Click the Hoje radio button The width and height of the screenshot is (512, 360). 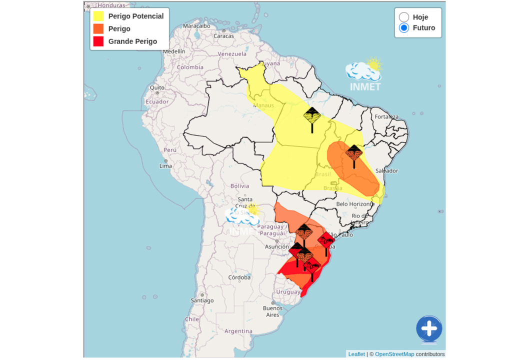[x=404, y=17]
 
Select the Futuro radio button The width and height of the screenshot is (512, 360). [x=404, y=28]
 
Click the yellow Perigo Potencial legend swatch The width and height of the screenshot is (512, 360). [x=98, y=16]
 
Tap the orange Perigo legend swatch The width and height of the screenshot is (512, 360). [x=98, y=28]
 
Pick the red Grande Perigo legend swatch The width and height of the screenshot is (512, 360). [x=98, y=41]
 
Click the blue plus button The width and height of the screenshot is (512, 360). [x=429, y=329]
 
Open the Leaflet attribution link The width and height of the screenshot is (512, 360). [x=356, y=354]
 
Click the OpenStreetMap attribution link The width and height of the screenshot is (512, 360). [x=394, y=354]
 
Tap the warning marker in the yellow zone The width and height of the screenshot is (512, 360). [x=312, y=117]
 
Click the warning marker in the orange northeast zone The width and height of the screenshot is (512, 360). [x=354, y=153]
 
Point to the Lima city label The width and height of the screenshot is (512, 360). [x=165, y=165]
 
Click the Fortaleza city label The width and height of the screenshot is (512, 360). [x=386, y=117]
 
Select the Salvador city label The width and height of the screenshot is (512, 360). [x=386, y=170]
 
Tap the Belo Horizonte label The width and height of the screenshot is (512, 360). [x=355, y=204]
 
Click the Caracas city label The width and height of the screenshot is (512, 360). [x=223, y=36]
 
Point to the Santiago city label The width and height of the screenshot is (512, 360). [x=202, y=300]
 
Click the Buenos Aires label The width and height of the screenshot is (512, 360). [x=272, y=311]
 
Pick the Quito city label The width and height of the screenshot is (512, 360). [x=157, y=87]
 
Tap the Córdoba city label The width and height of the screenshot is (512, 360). [x=239, y=277]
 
